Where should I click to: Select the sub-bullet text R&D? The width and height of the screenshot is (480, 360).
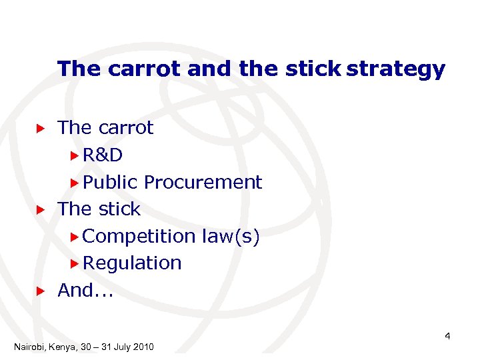[103, 155]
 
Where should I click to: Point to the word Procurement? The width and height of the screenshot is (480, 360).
[203, 183]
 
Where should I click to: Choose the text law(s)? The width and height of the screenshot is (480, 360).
[230, 236]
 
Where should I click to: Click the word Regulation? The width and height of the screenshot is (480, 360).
[133, 263]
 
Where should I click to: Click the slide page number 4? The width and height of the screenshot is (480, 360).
[447, 336]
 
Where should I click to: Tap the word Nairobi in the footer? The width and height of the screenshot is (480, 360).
[29, 347]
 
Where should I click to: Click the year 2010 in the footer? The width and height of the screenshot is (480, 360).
[143, 347]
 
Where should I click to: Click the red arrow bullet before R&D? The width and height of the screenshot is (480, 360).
[75, 155]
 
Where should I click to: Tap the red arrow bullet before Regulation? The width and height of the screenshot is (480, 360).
[75, 263]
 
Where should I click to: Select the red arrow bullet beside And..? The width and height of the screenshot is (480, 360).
[40, 291]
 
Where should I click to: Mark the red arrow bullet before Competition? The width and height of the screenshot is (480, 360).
[75, 236]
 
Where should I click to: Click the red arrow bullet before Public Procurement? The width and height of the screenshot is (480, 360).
[75, 183]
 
